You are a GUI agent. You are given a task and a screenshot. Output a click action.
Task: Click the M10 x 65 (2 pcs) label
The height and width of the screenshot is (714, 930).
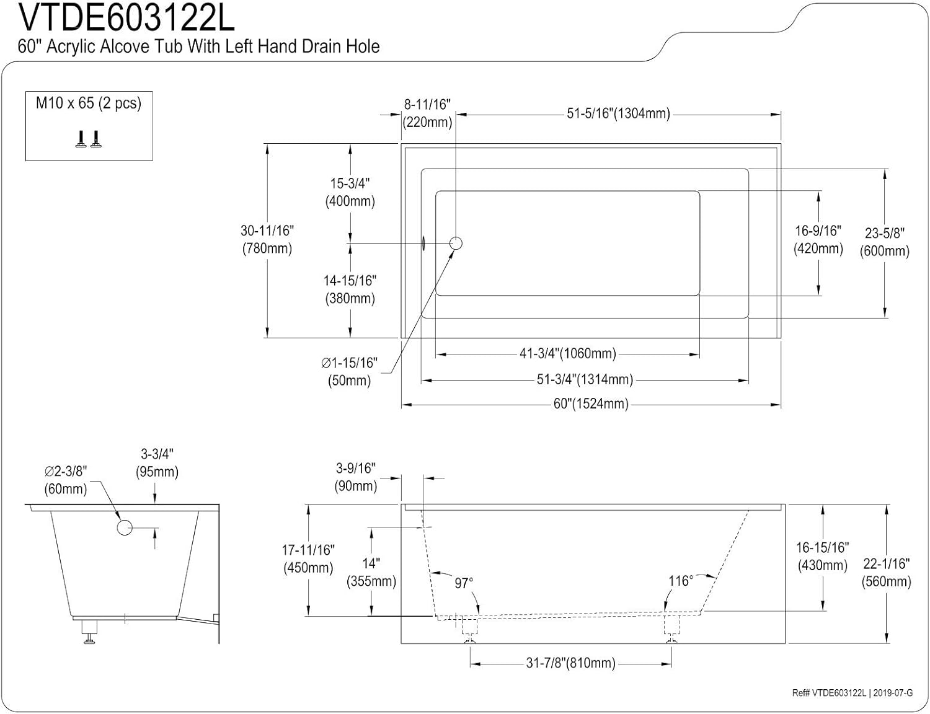click(x=89, y=103)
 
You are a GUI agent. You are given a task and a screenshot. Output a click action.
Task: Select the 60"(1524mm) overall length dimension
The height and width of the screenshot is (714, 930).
click(x=591, y=404)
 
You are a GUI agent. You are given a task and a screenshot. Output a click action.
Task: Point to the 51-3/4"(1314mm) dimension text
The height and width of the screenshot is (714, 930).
click(x=585, y=379)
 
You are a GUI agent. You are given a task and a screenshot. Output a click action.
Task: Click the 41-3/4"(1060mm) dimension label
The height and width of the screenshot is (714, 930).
click(x=567, y=354)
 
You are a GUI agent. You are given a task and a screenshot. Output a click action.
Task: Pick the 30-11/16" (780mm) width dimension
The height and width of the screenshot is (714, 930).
click(x=267, y=239)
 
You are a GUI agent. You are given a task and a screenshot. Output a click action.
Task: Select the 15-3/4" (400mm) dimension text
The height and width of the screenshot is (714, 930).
click(x=350, y=192)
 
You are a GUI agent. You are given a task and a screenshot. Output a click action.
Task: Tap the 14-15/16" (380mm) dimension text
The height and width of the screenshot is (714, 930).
click(x=350, y=289)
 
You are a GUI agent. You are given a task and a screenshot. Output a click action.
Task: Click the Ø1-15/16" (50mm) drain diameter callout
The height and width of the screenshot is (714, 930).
click(x=350, y=371)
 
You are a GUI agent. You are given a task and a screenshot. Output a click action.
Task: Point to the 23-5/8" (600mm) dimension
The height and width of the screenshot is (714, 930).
click(x=885, y=242)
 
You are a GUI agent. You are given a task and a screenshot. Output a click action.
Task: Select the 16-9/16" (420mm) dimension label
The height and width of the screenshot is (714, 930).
click(x=818, y=240)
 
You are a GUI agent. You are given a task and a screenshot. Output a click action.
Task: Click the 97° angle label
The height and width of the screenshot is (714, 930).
click(x=464, y=583)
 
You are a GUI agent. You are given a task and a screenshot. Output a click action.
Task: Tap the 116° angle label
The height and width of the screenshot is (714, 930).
click(x=680, y=581)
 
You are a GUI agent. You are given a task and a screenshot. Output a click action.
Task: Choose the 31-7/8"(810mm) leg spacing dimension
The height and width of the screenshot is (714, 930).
click(x=571, y=663)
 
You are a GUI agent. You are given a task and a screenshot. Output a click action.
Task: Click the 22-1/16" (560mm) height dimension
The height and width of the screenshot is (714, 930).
click(x=887, y=572)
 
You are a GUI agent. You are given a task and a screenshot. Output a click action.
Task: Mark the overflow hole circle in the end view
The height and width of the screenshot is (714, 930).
click(x=125, y=528)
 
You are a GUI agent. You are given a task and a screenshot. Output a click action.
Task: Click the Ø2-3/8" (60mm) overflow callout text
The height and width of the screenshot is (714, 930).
click(x=66, y=480)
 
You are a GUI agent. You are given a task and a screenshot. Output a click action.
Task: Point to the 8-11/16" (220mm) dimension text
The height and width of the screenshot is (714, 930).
click(x=427, y=113)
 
